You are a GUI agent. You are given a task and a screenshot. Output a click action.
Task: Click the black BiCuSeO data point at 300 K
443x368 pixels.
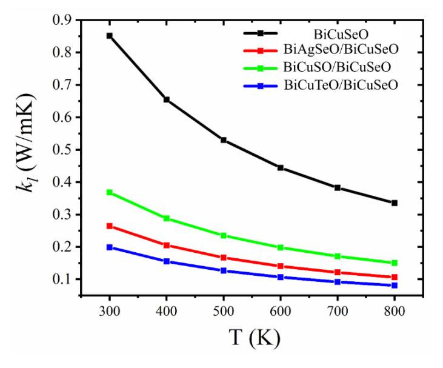[x=110, y=36]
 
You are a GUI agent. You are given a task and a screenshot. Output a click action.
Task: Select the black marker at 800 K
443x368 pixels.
[x=395, y=202]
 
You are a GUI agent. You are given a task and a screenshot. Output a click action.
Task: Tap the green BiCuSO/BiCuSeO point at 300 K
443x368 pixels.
[x=110, y=192]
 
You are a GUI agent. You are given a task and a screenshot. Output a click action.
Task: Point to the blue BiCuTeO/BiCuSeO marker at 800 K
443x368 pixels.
[x=395, y=285]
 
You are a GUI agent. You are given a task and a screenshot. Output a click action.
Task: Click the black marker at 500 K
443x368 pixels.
[x=224, y=140]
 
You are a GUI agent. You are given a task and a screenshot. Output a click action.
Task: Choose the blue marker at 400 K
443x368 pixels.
[x=167, y=261]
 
